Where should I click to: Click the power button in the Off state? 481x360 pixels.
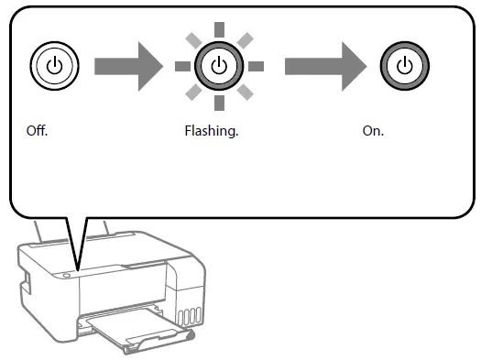54,66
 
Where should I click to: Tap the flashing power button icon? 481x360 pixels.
218,66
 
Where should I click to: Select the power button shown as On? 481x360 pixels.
403,66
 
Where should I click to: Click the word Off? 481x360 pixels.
37,131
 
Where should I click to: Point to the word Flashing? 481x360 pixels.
211,131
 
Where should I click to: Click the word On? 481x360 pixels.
373,131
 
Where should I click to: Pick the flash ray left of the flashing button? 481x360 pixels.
180,66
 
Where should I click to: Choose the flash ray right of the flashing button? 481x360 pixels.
256,66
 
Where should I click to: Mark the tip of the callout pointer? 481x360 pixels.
78,270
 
